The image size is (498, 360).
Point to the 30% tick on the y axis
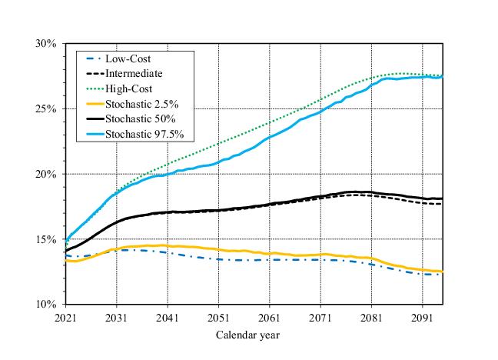[x=45, y=44]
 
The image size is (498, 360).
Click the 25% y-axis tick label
[x=45, y=109]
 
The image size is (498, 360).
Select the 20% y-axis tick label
[x=45, y=175]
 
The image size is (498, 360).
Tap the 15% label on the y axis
[x=45, y=240]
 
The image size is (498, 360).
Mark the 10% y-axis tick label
[x=45, y=305]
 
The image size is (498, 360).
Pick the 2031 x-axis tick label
[x=116, y=317]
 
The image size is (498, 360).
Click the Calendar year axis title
[x=247, y=335]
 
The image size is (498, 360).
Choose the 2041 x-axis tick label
[x=168, y=317]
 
